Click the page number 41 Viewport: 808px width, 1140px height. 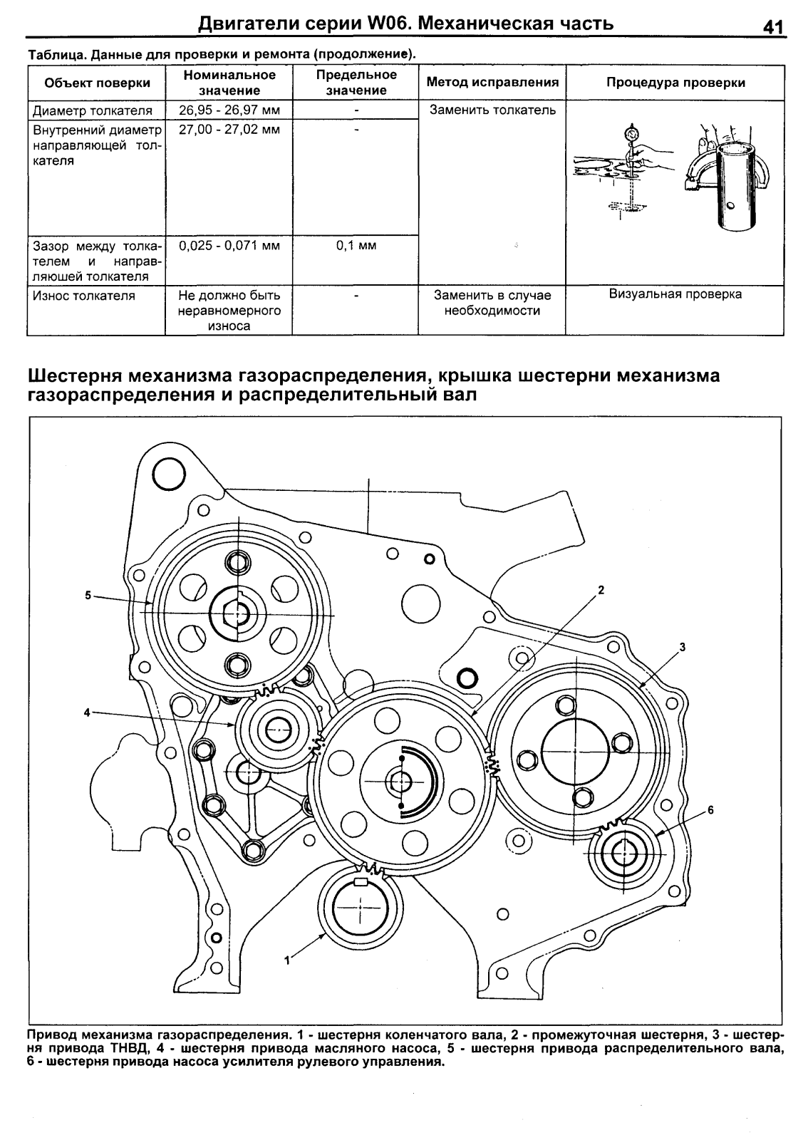coord(772,28)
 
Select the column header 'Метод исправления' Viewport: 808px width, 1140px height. coord(492,82)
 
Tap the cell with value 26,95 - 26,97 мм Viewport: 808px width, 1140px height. coord(229,110)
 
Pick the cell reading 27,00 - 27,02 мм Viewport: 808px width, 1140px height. coord(229,130)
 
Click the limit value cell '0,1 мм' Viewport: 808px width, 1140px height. coord(356,246)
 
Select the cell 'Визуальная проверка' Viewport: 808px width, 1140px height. coord(675,294)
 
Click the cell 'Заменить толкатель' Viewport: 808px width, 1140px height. coord(492,110)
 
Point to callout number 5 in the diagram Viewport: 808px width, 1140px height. coord(88,595)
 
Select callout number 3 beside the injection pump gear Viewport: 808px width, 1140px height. coord(682,647)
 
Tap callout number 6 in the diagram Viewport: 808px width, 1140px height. coord(710,810)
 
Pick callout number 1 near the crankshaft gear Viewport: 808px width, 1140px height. coord(287,960)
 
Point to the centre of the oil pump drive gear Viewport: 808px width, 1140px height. coord(276,730)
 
